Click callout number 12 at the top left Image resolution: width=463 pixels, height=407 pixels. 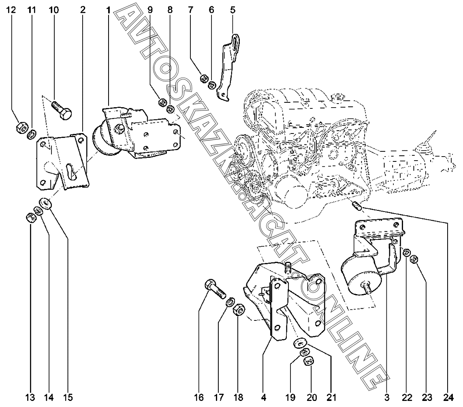[x=11, y=10]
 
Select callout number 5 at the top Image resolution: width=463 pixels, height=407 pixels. [x=233, y=10]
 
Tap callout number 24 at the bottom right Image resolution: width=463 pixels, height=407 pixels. [x=448, y=398]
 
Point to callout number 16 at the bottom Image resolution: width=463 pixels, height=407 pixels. [x=199, y=398]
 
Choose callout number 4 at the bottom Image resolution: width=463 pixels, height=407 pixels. [x=264, y=398]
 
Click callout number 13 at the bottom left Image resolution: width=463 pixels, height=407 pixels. [x=30, y=398]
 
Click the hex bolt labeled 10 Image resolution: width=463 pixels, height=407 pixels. [x=62, y=110]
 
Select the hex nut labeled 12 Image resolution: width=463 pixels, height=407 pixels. [x=21, y=127]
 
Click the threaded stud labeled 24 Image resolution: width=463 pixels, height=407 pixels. [x=357, y=206]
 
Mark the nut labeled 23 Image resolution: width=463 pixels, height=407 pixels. [x=414, y=259]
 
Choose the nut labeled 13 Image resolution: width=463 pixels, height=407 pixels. [x=31, y=218]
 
